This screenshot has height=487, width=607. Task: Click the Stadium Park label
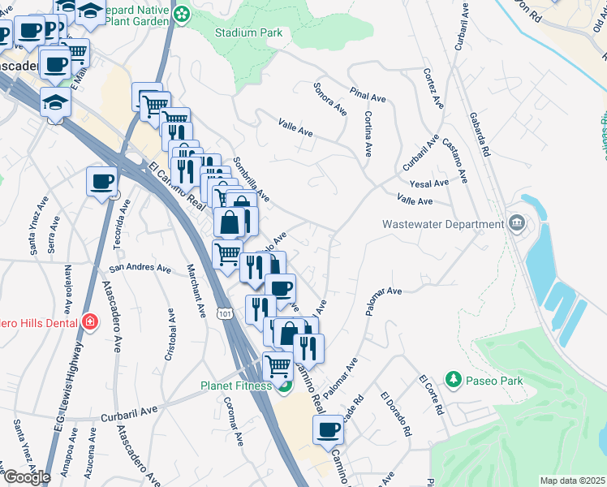pos(248,33)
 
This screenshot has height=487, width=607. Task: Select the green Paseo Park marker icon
pos(453,379)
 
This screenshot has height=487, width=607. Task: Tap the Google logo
pos(27,477)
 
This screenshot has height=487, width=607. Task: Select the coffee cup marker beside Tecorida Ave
pos(102,181)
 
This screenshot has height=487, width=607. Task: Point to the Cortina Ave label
pos(368,134)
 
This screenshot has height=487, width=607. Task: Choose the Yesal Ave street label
pos(429,183)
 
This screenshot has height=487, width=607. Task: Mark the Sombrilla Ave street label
pos(252,179)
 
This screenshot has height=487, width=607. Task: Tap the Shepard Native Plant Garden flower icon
pos(183,13)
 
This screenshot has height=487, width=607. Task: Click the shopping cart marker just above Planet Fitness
pos(278,365)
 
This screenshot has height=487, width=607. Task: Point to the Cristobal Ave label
pos(170,334)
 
